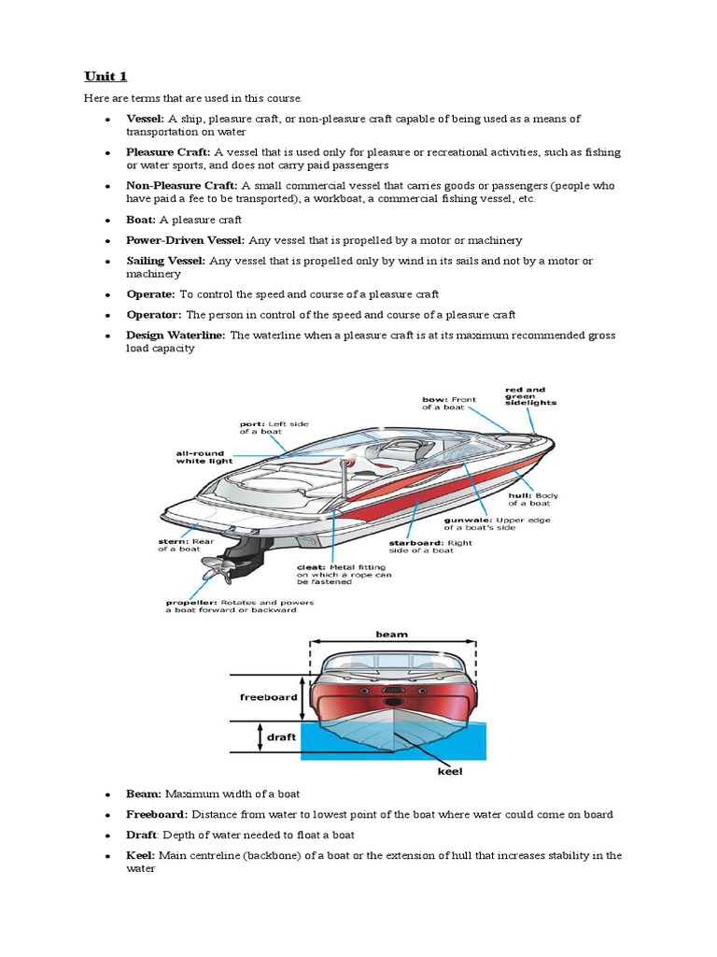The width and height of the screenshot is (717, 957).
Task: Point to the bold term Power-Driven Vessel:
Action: (184, 240)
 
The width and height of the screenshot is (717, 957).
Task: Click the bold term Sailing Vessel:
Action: (166, 261)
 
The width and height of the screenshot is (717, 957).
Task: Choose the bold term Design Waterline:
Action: (176, 335)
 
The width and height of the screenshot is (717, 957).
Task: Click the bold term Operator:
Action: (154, 314)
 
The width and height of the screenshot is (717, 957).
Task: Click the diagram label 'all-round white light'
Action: (204, 456)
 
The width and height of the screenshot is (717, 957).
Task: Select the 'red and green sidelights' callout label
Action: (530, 396)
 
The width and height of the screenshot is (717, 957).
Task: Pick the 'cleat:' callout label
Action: (311, 566)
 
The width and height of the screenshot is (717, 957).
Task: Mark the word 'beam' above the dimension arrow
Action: (392, 634)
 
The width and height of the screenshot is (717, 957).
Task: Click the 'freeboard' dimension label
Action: (269, 696)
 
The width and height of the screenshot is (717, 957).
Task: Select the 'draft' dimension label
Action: (281, 737)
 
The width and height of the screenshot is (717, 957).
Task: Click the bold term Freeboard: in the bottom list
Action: (157, 814)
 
